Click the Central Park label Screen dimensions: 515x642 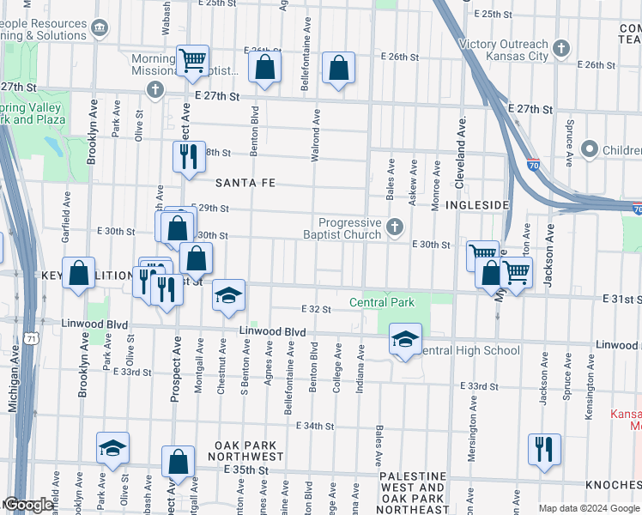pyautogui.click(x=382, y=302)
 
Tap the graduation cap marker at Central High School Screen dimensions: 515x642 pyautogui.click(x=406, y=338)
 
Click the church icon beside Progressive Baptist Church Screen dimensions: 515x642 pyautogui.click(x=395, y=227)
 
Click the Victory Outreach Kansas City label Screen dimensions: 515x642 pyautogui.click(x=503, y=50)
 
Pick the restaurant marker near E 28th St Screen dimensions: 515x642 pyautogui.click(x=189, y=155)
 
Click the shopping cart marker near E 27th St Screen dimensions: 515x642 pyautogui.click(x=193, y=60)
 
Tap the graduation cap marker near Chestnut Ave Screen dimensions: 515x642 pyautogui.click(x=228, y=295)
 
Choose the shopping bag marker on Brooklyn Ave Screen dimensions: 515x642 pyautogui.click(x=79, y=273)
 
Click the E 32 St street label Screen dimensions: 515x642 pyautogui.click(x=316, y=309)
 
